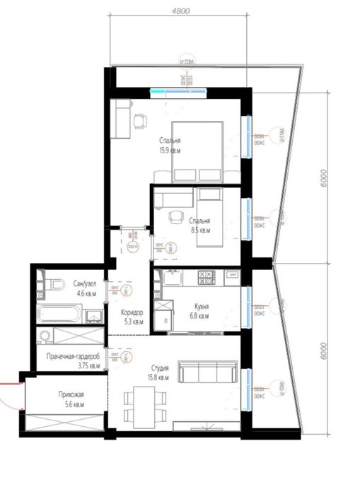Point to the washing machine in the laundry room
(x=47, y=336)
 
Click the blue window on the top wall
(x=178, y=90)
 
